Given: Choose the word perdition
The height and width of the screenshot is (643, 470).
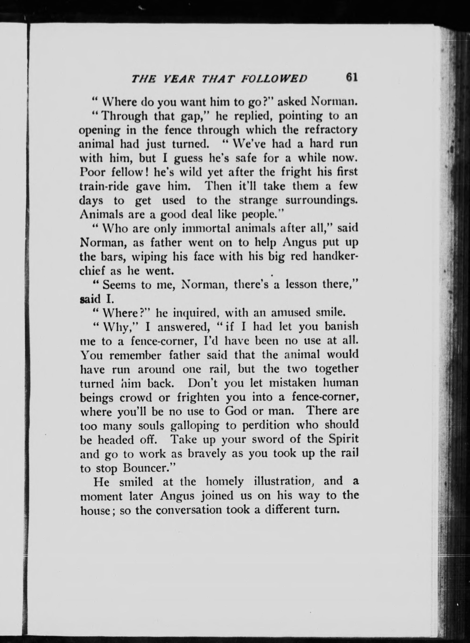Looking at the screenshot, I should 262,426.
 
